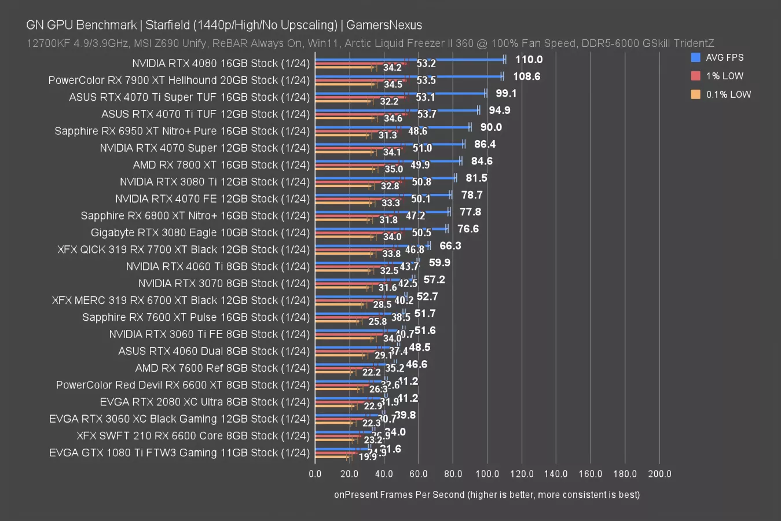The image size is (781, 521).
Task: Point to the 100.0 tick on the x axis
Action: click(x=487, y=474)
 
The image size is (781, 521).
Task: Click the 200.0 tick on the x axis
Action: click(x=659, y=474)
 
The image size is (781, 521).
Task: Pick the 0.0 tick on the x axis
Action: click(x=315, y=474)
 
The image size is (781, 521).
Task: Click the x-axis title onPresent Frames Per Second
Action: click(x=487, y=494)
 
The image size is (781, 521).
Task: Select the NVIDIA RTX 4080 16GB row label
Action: click(x=221, y=63)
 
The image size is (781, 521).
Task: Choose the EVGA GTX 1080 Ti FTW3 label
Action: click(x=179, y=453)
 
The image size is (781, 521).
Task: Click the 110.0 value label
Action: click(x=529, y=59)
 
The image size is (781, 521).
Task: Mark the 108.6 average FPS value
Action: click(x=526, y=76)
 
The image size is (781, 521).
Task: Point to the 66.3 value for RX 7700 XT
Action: click(x=450, y=245)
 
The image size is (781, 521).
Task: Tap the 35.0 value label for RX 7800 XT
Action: click(x=394, y=169)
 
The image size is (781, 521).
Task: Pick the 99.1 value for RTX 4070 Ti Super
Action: click(x=506, y=93)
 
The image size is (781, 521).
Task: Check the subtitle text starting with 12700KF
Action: click(x=370, y=43)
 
